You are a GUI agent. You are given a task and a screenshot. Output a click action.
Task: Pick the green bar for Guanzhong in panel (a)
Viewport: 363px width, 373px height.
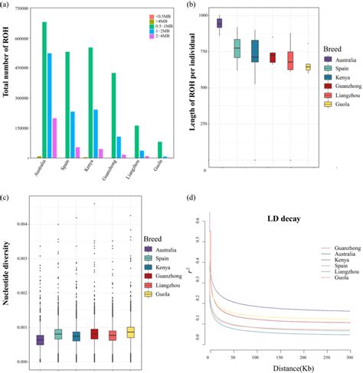tap(113, 115)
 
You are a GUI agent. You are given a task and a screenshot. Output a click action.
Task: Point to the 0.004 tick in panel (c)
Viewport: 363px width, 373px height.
tap(25, 223)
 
